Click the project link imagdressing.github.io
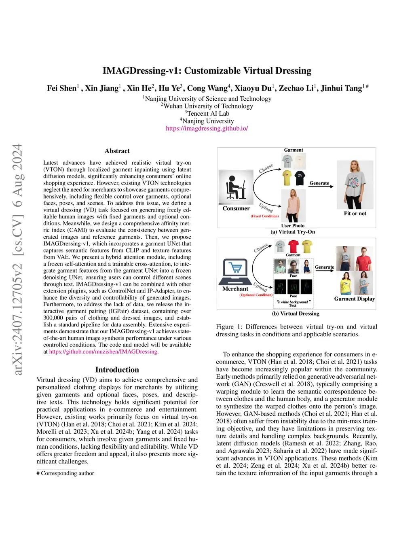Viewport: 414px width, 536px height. point(207,128)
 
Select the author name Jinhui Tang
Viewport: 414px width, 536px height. point(341,88)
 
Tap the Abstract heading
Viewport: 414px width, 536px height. point(117,151)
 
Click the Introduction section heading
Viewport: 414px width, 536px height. point(117,370)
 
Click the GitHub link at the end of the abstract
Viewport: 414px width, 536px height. point(103,352)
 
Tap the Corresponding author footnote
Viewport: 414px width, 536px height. point(65,473)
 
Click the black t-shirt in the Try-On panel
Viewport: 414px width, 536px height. point(300,178)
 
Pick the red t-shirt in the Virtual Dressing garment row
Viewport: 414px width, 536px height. point(294,246)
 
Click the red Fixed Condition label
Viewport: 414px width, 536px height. point(264,216)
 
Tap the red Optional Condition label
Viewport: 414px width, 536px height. point(256,295)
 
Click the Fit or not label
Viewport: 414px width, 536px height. point(355,214)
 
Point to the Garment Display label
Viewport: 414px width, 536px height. point(354,299)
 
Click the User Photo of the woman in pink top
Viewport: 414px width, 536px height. point(293,205)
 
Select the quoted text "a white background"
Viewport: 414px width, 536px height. point(294,302)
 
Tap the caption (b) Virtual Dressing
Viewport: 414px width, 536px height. point(296,314)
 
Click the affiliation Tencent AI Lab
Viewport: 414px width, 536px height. point(207,114)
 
